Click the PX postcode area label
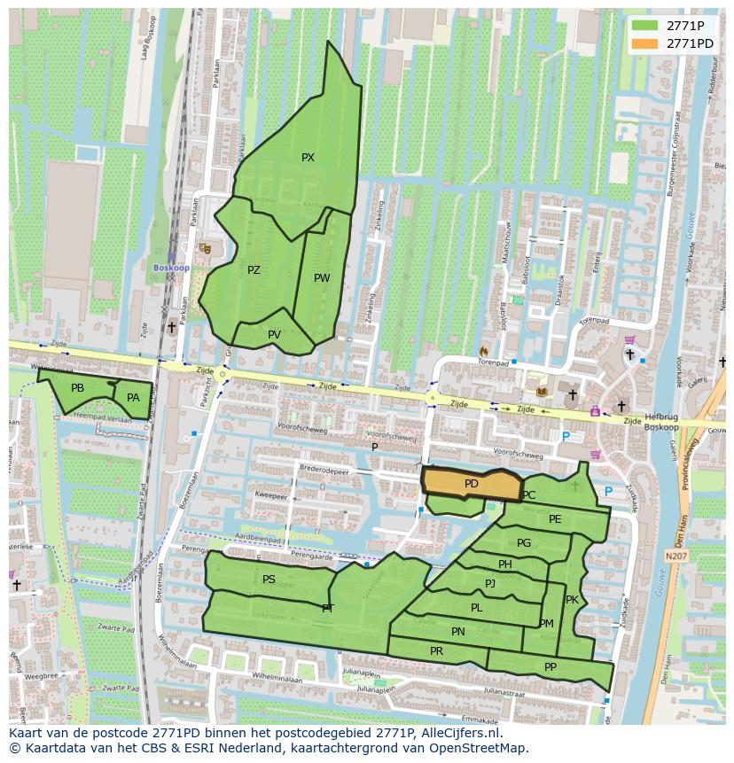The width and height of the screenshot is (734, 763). click(308, 158)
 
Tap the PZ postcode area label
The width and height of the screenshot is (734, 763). click(254, 270)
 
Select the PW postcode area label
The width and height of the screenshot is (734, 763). click(322, 278)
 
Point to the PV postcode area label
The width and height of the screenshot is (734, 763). click(274, 334)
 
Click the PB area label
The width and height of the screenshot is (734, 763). click(77, 388)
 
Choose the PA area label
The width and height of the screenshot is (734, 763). click(133, 398)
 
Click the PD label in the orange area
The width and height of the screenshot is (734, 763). click(471, 484)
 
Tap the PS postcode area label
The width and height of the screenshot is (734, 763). click(269, 580)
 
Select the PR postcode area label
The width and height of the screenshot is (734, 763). click(436, 650)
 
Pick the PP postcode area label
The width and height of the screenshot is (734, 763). click(550, 667)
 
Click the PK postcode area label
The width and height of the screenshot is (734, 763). click(572, 600)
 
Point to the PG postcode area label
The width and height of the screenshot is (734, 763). click(524, 543)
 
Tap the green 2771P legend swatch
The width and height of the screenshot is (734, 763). click(645, 26)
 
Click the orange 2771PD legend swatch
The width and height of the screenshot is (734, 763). click(645, 43)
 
